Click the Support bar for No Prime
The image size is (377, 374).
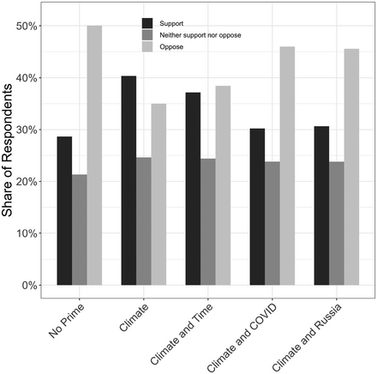click(64, 211)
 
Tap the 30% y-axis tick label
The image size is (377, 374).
click(29, 130)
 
